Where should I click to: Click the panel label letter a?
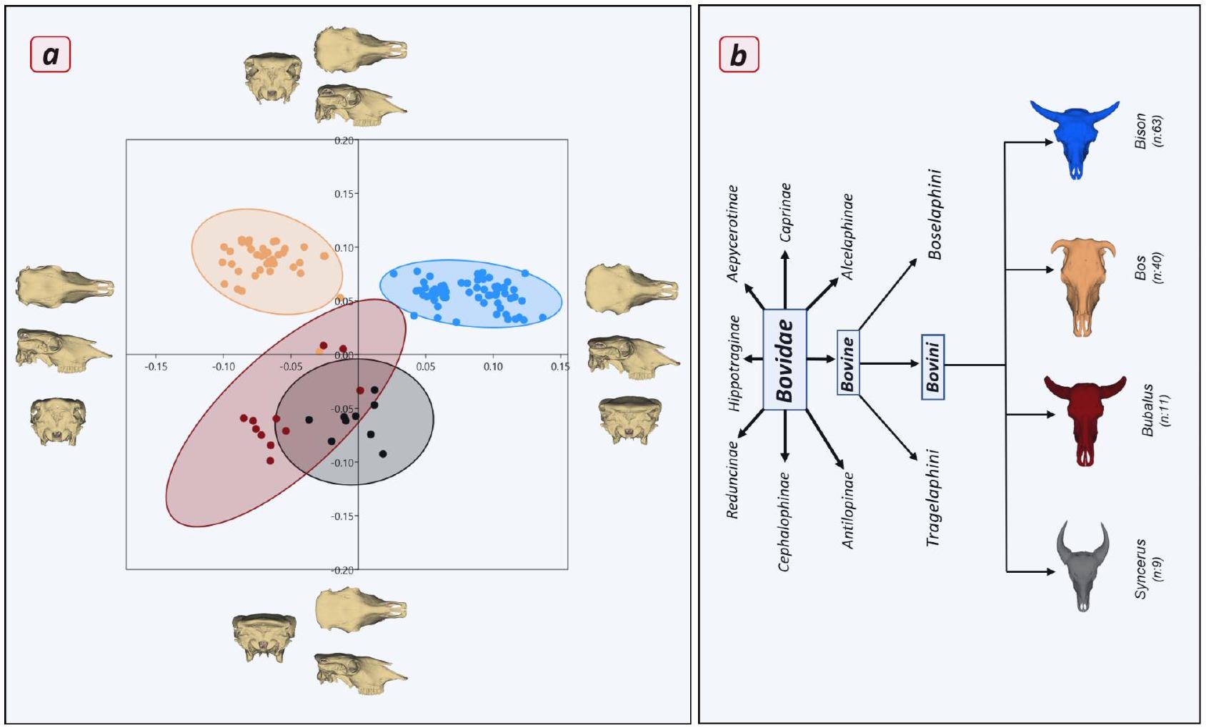(50, 55)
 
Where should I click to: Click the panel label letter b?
(739, 55)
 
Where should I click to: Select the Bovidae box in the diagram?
(784, 360)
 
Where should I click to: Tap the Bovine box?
(848, 363)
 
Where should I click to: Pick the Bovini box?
(933, 366)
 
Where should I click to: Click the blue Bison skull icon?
(1075, 137)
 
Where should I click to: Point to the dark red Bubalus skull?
(1085, 418)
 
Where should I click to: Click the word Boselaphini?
(935, 215)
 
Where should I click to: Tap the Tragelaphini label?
(933, 498)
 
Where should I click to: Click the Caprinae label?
(785, 212)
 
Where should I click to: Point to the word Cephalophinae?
(784, 521)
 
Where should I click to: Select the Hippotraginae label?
(734, 363)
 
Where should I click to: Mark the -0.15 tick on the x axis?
(156, 367)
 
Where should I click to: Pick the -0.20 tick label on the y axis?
(344, 570)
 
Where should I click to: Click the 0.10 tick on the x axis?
(492, 367)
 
